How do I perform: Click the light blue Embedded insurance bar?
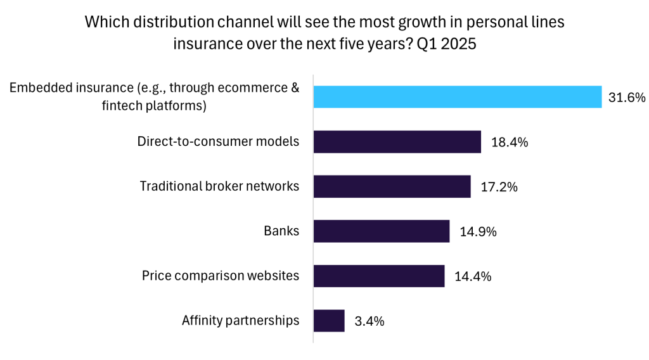tap(457, 97)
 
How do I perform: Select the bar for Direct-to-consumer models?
tap(397, 142)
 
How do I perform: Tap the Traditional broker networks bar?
tap(392, 187)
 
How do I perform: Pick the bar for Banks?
tap(382, 231)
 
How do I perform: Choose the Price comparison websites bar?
tap(379, 276)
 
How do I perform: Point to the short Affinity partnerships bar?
tap(329, 321)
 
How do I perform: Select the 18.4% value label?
tap(510, 142)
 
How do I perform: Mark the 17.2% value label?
tap(499, 187)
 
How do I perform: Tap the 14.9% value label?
tap(478, 231)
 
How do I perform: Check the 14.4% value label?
tap(473, 276)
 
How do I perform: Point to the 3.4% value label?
tap(369, 321)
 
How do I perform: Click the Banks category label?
tap(281, 231)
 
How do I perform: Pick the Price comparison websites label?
tap(220, 275)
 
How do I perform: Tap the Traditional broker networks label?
tap(219, 186)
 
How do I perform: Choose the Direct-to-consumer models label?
tap(218, 141)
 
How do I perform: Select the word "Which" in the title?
tap(105, 22)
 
